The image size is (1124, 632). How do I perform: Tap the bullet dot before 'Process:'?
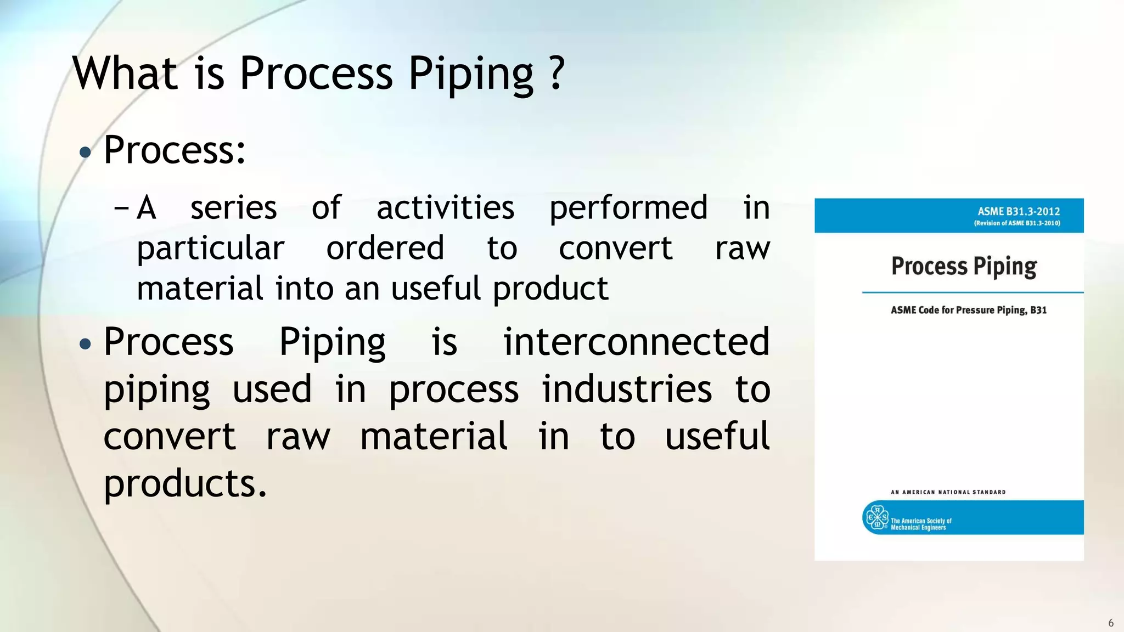click(x=85, y=152)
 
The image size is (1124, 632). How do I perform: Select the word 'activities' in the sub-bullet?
click(x=445, y=208)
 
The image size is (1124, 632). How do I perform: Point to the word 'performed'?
click(x=628, y=209)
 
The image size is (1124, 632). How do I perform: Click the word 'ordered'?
click(x=385, y=248)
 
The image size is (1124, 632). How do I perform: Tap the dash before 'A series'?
click(x=121, y=208)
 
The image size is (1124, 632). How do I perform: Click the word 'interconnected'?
click(x=637, y=342)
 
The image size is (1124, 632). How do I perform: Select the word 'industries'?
click(x=627, y=390)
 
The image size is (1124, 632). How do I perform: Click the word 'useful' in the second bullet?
click(x=717, y=437)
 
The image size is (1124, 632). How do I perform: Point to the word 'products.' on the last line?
click(x=185, y=484)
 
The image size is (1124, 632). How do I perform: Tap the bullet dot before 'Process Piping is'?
click(x=85, y=345)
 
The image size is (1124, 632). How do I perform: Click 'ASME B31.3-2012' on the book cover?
click(x=1019, y=211)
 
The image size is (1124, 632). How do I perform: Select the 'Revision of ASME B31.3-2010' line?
click(x=1017, y=223)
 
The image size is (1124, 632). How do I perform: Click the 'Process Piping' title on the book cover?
click(x=964, y=267)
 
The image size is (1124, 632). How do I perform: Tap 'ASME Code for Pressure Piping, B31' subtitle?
click(x=968, y=310)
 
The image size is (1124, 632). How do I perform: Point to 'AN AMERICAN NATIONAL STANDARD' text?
click(x=948, y=492)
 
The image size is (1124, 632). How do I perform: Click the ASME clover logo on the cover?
click(x=876, y=517)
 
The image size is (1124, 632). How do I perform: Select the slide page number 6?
click(x=1111, y=623)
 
